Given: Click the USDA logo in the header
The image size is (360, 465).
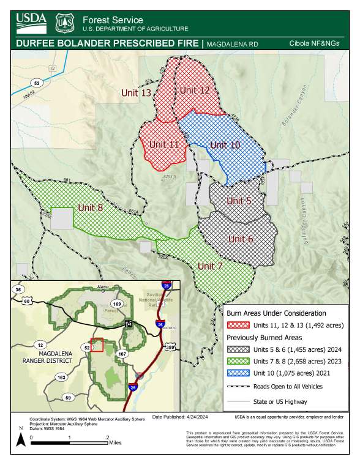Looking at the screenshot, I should [x=31, y=21].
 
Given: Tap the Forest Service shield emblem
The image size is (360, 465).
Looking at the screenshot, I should [x=64, y=23].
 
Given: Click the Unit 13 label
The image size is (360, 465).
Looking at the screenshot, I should [x=136, y=93].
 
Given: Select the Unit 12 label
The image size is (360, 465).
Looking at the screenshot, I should [x=195, y=90].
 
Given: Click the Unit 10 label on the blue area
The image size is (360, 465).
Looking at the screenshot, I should [x=225, y=144].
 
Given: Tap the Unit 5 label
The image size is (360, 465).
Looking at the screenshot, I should [x=239, y=200].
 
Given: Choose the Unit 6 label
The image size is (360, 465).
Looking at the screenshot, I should [x=241, y=239].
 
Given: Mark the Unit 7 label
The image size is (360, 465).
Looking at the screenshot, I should [x=209, y=266].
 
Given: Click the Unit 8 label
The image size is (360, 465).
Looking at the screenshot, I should [x=90, y=207].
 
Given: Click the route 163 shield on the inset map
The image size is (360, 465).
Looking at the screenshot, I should [x=61, y=378].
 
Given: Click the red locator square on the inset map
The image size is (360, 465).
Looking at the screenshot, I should [x=96, y=344].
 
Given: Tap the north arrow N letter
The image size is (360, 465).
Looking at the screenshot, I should [x=21, y=428].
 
